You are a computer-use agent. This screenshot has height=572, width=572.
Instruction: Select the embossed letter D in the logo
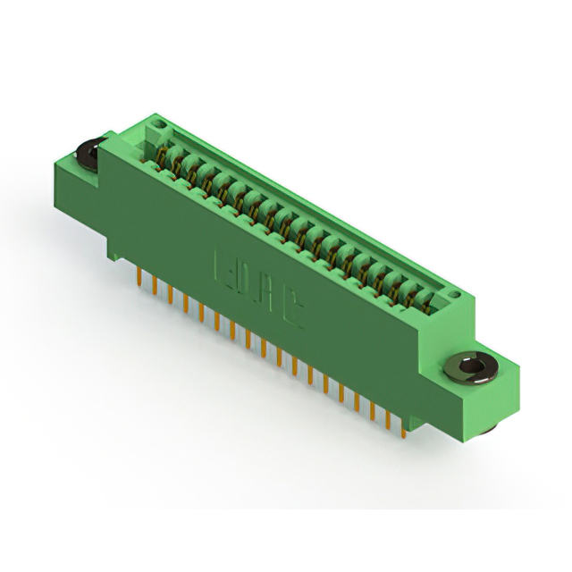pyautogui.click(x=247, y=280)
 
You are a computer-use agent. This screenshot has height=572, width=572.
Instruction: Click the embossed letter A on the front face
pyautogui.click(x=269, y=294)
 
